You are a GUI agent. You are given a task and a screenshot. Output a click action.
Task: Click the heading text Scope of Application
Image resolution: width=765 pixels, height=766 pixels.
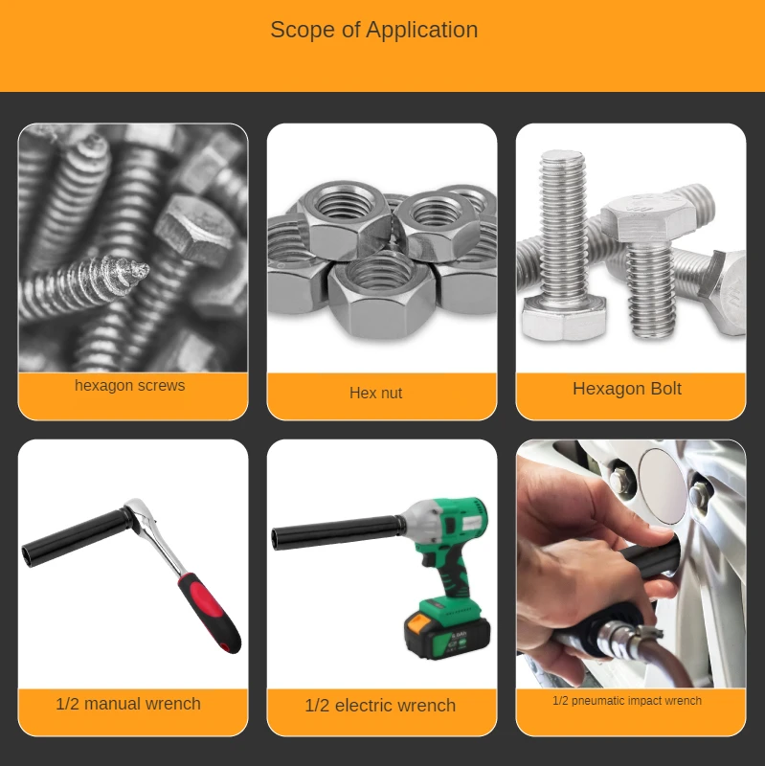[x=373, y=30]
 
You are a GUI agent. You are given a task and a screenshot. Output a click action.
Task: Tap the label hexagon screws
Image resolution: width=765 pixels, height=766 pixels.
[x=130, y=386]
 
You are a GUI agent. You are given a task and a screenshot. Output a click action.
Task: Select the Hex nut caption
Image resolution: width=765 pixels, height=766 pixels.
[x=375, y=393]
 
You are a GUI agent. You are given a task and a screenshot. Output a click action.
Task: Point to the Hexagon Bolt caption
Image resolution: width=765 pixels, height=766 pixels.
[x=627, y=389]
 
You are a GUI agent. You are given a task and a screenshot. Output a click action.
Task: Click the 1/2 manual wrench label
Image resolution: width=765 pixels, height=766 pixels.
[x=128, y=704]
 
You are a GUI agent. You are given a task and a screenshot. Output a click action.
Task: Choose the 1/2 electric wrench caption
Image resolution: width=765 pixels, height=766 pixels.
[x=380, y=706]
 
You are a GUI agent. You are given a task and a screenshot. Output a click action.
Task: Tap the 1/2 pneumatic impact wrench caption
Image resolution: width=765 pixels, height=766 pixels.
[x=627, y=701]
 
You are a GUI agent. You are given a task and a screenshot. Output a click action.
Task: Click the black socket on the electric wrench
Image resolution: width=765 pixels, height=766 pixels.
[x=338, y=532]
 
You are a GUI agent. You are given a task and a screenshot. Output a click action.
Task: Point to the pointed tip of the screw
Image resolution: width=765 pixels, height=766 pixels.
[x=142, y=269]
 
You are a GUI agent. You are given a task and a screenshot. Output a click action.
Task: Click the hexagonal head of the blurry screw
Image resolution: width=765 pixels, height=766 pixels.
[x=195, y=230]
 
